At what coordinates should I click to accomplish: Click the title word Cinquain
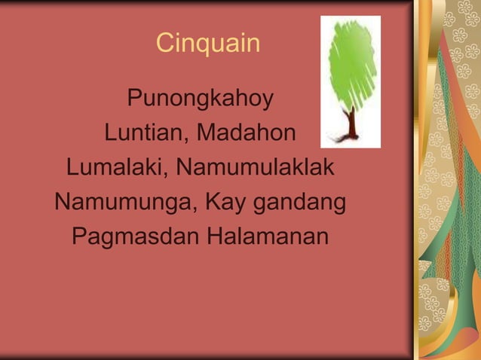pos(208,44)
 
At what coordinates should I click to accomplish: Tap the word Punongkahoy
pos(200,99)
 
